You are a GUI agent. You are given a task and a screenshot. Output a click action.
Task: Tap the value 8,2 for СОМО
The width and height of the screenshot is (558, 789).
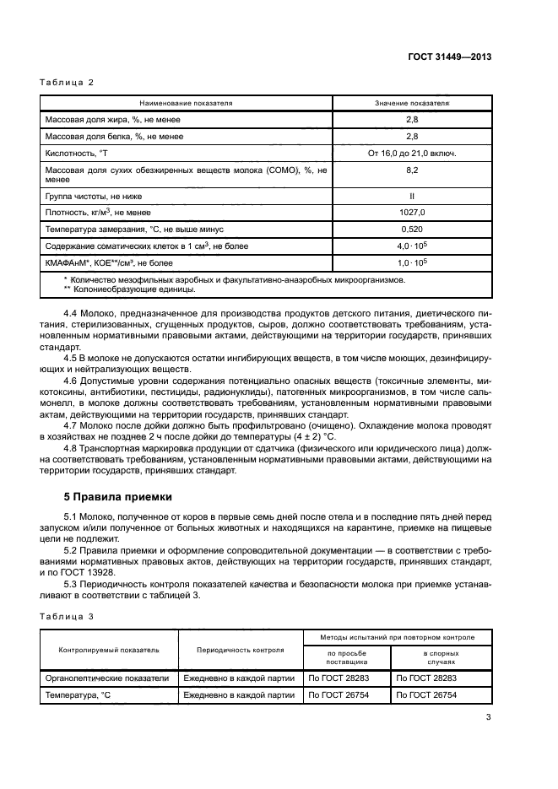[x=412, y=170]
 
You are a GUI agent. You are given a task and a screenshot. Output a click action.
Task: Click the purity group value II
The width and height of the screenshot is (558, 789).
[x=412, y=195]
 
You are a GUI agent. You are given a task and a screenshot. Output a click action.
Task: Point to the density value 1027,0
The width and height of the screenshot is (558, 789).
[x=412, y=212]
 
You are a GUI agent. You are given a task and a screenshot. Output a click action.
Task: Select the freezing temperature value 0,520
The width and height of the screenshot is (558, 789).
[x=412, y=229]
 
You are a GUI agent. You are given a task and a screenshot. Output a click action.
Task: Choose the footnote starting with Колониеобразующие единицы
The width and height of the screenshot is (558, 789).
[x=133, y=289]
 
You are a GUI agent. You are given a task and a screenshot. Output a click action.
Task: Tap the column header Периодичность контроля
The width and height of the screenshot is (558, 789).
[x=240, y=651]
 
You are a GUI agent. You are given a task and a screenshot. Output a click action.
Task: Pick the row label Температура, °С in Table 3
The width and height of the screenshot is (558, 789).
[x=78, y=694]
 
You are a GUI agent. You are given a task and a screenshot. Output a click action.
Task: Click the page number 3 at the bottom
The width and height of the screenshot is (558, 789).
[x=488, y=718]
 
